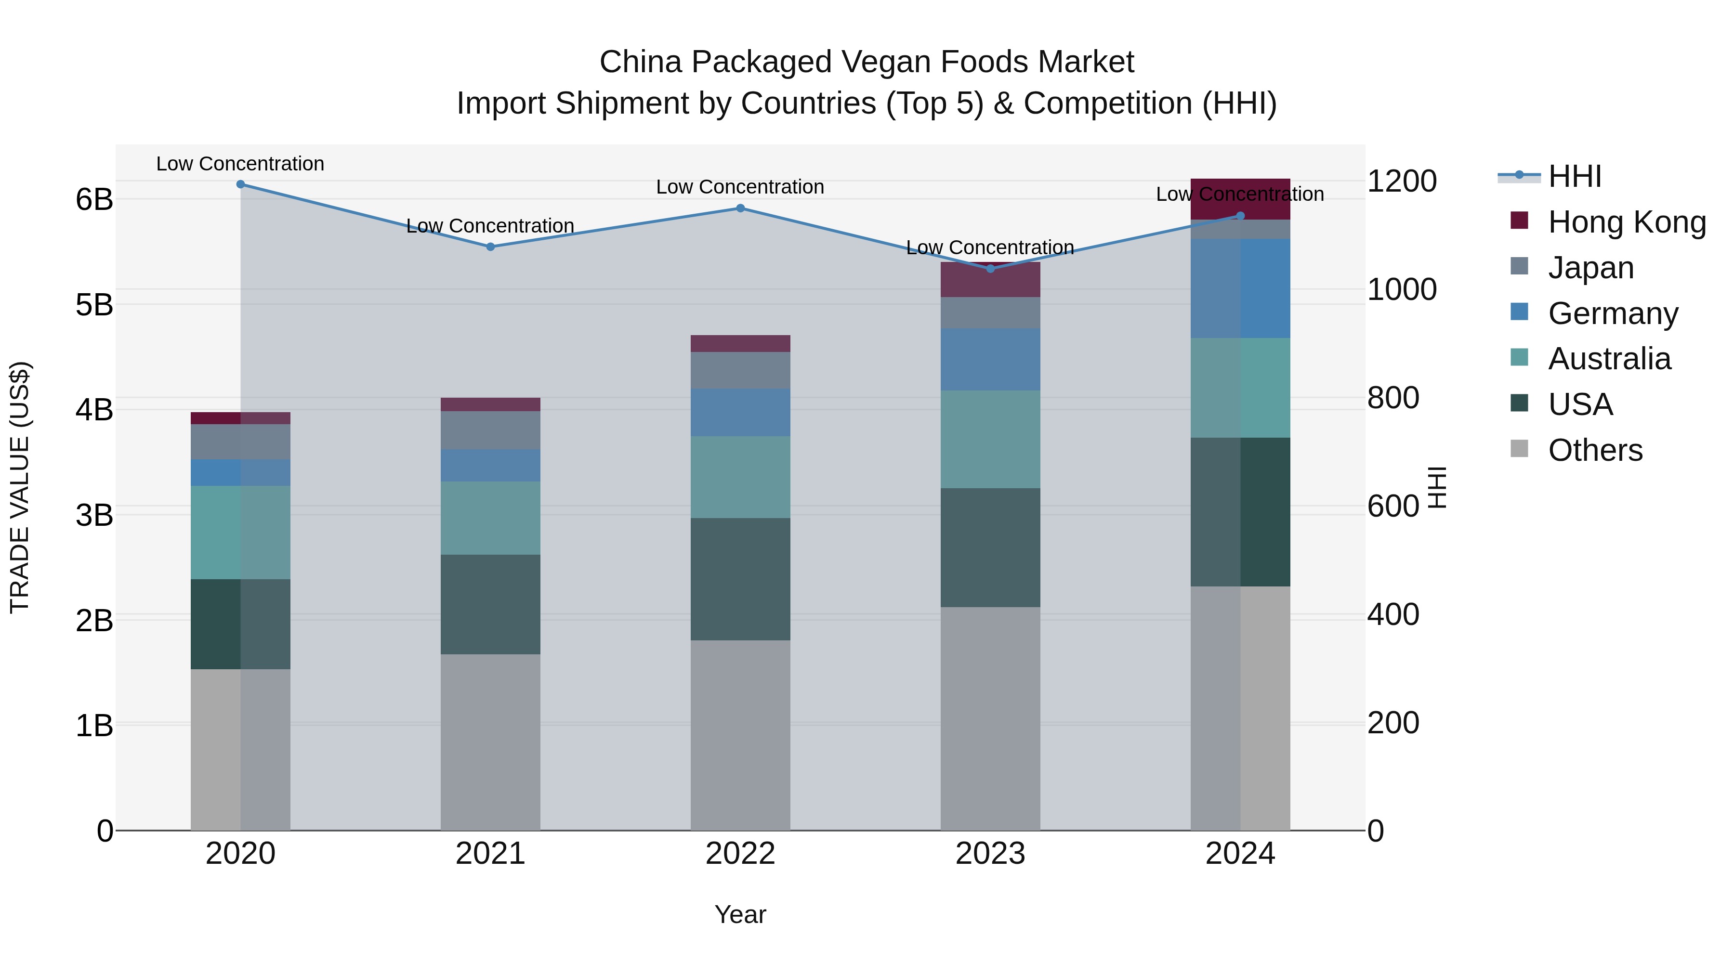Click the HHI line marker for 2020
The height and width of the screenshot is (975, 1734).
pos(240,184)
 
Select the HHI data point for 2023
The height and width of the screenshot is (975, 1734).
pos(990,269)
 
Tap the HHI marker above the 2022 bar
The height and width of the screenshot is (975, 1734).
pos(740,208)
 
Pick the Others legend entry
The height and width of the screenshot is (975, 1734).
pos(1595,450)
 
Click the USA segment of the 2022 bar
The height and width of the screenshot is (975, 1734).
pos(740,579)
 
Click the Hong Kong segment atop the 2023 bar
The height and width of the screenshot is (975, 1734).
pos(990,280)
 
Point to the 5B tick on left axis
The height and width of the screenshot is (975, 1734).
pos(94,305)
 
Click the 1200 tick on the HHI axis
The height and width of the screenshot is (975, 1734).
pos(1402,181)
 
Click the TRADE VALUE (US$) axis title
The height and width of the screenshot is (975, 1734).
pos(20,487)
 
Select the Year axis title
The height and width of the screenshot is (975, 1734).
pos(740,914)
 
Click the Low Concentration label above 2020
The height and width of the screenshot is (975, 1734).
pos(240,164)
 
